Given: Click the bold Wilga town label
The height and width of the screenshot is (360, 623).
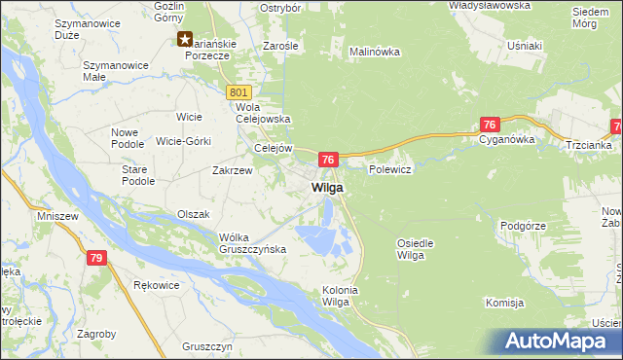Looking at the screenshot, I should point(326,187).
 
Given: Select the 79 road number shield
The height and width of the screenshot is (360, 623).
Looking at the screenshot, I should point(95,258).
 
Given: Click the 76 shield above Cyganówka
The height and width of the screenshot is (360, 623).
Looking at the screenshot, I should point(490,125).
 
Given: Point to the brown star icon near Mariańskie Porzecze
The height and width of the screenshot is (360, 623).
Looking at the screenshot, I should point(185,39).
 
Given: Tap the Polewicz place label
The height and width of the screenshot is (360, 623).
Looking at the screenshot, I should point(391,169).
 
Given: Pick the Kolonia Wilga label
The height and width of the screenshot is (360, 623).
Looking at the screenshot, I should point(341,296).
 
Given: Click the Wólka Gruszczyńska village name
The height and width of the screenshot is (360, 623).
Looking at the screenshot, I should point(252,242).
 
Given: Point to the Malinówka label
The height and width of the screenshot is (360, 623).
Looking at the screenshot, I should point(375,52).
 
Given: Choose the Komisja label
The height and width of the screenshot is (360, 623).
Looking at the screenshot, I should point(505,303).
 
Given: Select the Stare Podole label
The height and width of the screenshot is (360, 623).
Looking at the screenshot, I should point(137,175).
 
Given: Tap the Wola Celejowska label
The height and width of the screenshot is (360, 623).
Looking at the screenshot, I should point(264,113).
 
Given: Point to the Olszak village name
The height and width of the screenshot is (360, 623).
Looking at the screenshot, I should point(193,213).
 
